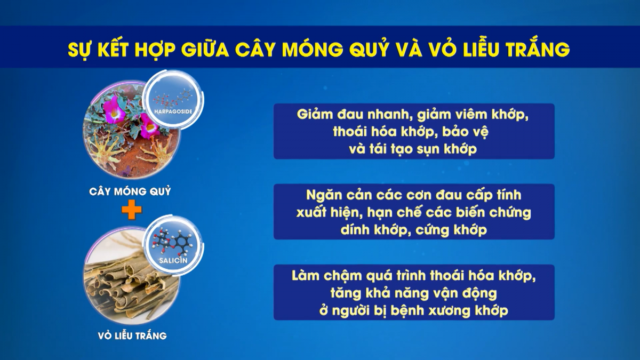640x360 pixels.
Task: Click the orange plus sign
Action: pyautogui.click(x=132, y=210)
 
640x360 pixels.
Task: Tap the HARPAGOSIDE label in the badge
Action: pyautogui.click(x=173, y=111)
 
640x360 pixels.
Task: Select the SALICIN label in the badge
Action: pyautogui.click(x=173, y=260)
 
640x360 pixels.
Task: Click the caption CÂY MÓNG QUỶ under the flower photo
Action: pyautogui.click(x=130, y=191)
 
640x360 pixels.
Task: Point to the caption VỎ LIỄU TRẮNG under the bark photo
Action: pyautogui.click(x=132, y=335)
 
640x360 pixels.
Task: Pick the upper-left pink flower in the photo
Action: pyautogui.click(x=115, y=109)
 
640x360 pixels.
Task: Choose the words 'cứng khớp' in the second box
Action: pyautogui.click(x=451, y=230)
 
